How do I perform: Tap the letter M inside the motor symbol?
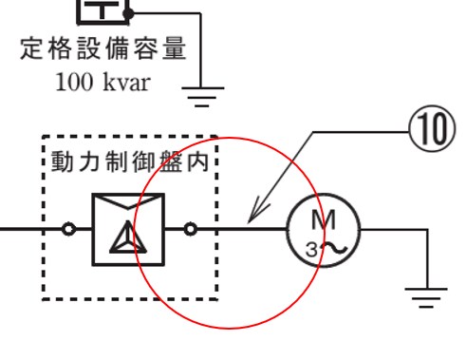pyautogui.click(x=324, y=219)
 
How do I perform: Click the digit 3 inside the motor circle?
pyautogui.click(x=311, y=250)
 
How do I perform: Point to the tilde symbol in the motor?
pyautogui.click(x=332, y=249)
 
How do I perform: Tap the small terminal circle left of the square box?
pyautogui.click(x=68, y=229)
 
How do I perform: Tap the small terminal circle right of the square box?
pyautogui.click(x=191, y=229)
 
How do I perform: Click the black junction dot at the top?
pyautogui.click(x=130, y=13)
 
